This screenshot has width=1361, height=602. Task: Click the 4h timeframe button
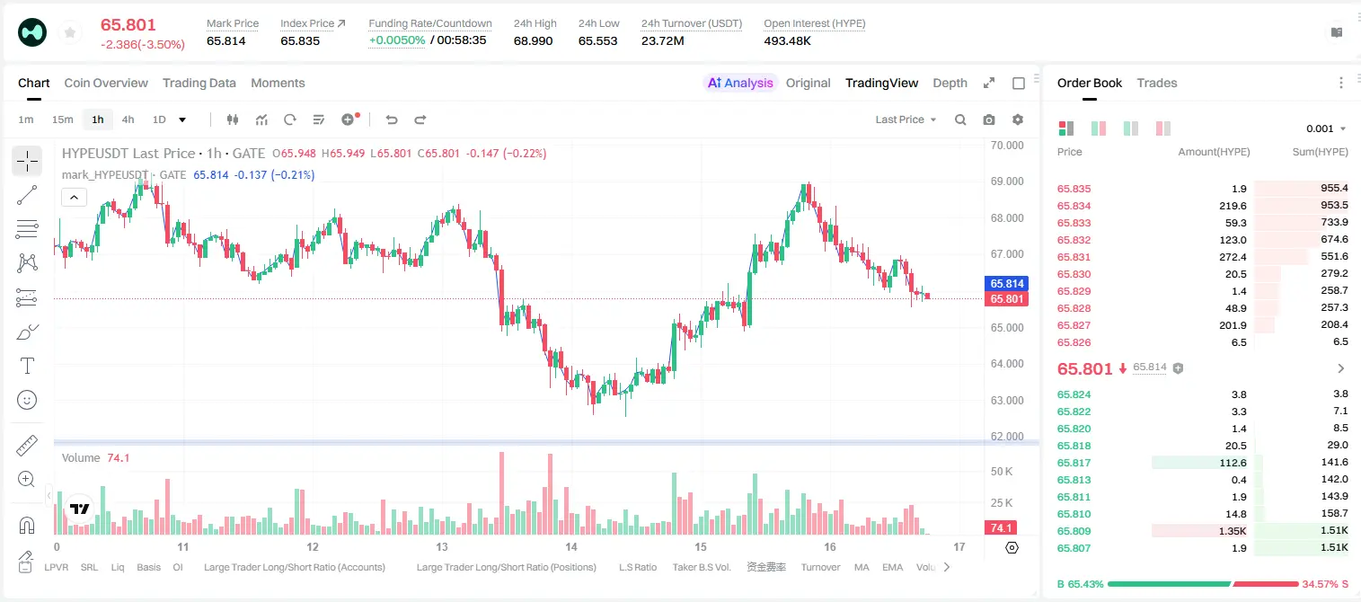tap(128, 120)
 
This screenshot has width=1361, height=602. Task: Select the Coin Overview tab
tap(106, 83)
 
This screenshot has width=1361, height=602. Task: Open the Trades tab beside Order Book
tap(1156, 83)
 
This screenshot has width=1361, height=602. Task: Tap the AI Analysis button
tap(740, 83)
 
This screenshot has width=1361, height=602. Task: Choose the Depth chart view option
tap(950, 83)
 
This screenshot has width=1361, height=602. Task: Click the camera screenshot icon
tap(988, 120)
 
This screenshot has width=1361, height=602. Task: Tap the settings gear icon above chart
tap(1018, 120)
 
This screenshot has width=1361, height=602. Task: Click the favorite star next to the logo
tap(70, 32)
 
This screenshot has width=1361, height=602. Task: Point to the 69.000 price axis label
tap(1007, 181)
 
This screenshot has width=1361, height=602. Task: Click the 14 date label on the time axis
tap(571, 546)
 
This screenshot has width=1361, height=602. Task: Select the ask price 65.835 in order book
tap(1074, 189)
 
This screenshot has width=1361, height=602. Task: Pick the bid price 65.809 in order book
tap(1074, 531)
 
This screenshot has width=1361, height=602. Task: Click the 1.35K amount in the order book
tap(1233, 531)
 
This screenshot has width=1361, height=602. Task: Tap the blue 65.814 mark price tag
tap(1006, 284)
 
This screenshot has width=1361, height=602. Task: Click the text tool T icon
tap(27, 366)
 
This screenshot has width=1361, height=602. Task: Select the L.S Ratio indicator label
tap(637, 567)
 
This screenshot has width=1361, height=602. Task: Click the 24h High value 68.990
tap(533, 40)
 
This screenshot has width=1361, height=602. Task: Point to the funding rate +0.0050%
tap(397, 40)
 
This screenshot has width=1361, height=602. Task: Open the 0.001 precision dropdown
tap(1326, 128)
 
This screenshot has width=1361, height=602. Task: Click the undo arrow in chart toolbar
tap(392, 120)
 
